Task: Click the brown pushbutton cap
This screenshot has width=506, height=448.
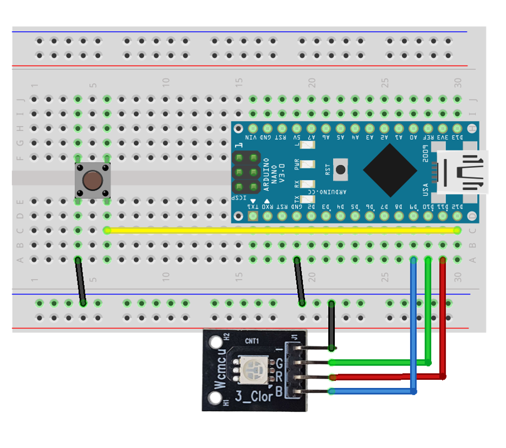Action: point(93,180)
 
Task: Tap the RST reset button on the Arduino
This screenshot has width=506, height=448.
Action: point(341,170)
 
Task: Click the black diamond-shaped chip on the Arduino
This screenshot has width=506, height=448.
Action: point(390,170)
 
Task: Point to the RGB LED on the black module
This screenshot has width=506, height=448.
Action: point(255,370)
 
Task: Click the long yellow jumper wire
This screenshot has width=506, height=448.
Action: point(281,230)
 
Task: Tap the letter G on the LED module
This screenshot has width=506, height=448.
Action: point(280,364)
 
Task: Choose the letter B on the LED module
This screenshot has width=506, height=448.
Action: point(279,392)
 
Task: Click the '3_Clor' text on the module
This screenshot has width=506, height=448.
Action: point(255,396)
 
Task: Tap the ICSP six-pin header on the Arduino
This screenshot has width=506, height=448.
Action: point(246,172)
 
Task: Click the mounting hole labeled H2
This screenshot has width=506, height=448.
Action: point(213,342)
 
